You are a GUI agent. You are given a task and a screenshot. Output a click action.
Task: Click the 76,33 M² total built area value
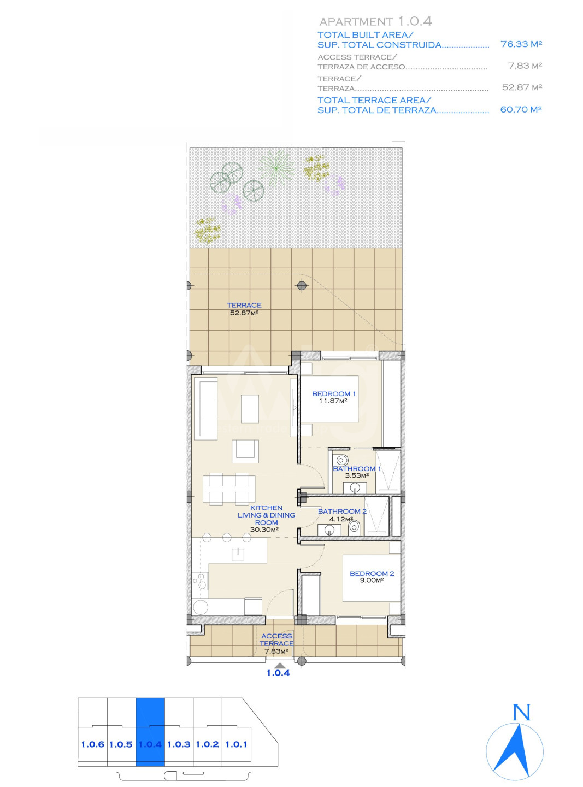521,44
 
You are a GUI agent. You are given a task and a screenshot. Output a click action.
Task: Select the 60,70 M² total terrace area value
521,109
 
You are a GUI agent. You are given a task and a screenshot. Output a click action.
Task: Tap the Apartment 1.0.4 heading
375,22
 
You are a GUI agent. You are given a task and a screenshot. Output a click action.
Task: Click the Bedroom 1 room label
333,393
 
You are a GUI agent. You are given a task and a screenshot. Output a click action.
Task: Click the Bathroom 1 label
357,469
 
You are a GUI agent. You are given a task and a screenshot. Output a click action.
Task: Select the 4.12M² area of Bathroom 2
341,519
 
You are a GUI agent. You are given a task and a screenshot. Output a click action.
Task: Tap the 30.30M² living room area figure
264,530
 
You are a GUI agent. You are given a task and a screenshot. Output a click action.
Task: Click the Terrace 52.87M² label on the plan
244,309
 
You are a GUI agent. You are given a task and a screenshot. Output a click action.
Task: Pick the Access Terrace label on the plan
276,640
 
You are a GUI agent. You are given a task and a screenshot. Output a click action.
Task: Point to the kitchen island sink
237,554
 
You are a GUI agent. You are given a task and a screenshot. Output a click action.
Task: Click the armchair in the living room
245,451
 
